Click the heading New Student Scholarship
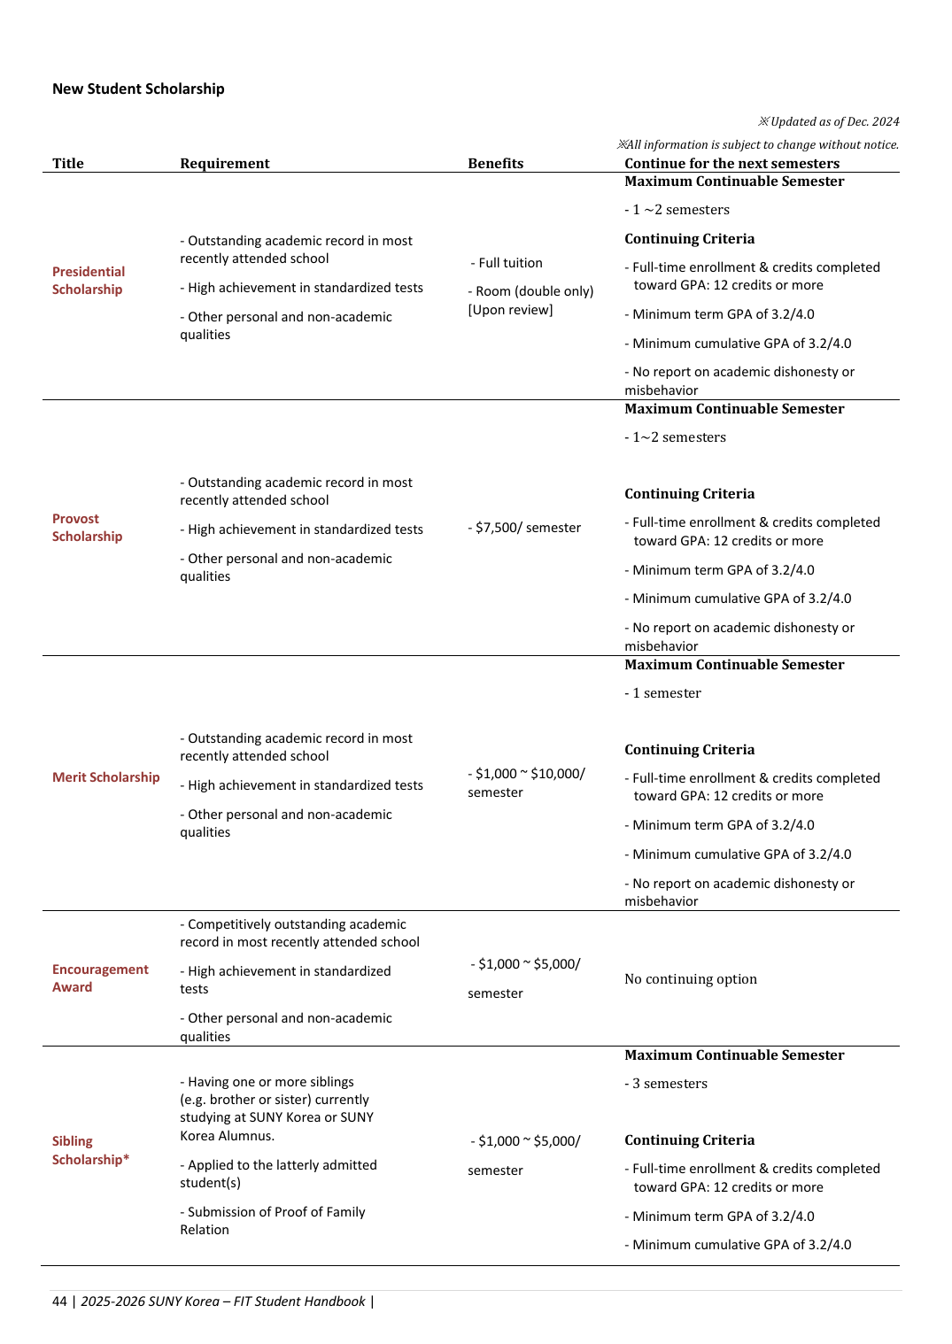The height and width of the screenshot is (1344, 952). pos(138,89)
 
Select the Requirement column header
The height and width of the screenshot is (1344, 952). pos(224,163)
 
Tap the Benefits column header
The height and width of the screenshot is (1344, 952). pos(495,163)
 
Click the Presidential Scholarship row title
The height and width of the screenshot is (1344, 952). pos(88,281)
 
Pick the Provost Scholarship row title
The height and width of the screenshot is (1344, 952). pos(87,528)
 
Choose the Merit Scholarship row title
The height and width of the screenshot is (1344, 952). pos(105,777)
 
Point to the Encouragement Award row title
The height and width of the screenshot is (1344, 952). pos(100,978)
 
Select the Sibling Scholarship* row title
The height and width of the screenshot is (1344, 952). pos(90,1150)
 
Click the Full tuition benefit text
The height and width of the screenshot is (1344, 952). pos(507,263)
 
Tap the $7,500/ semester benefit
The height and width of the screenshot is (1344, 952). pos(525,528)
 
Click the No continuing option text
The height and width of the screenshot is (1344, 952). pos(691,979)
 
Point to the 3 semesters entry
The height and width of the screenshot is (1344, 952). pos(667,1084)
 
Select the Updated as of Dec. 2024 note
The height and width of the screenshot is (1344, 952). pos(829,121)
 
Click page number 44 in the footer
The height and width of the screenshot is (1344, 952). pos(59,1302)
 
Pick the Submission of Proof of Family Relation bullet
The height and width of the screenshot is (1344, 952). pos(273,1221)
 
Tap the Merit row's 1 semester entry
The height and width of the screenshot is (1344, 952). pos(663,693)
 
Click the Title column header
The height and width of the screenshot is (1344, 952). pos(68,163)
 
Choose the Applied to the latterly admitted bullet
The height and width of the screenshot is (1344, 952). pos(278,1174)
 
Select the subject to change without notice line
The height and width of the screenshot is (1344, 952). pos(758,144)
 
